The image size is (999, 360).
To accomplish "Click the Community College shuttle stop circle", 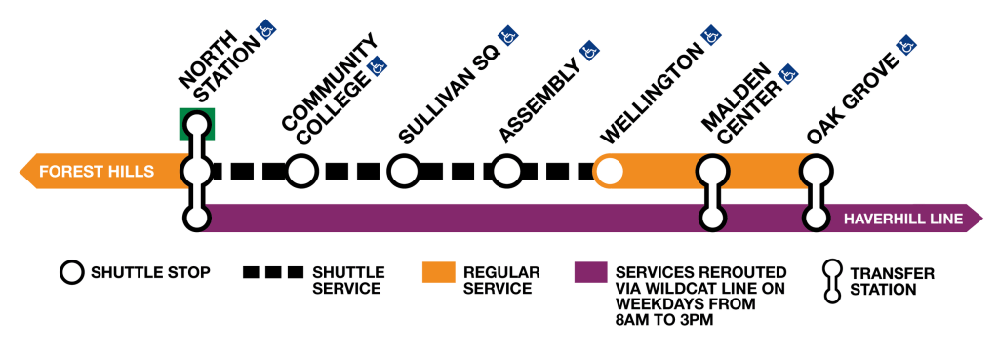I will tap(301, 172).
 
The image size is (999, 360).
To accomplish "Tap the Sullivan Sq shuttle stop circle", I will tap(403, 172).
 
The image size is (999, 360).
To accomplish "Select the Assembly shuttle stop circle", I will tap(506, 172).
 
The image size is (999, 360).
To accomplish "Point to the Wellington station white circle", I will tap(609, 172).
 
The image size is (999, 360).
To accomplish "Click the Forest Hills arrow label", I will tap(96, 172).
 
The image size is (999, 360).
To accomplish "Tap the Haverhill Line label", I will tap(902, 219).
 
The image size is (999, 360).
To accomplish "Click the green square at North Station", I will tap(197, 124).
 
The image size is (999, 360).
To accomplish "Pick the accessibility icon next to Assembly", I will tap(588, 49).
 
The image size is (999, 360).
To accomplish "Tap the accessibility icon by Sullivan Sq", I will tap(507, 38).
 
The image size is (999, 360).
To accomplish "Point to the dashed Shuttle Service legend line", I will tap(273, 272).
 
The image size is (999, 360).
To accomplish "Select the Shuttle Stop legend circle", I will tap(71, 272).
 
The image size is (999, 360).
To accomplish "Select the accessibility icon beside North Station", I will tap(263, 31).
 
